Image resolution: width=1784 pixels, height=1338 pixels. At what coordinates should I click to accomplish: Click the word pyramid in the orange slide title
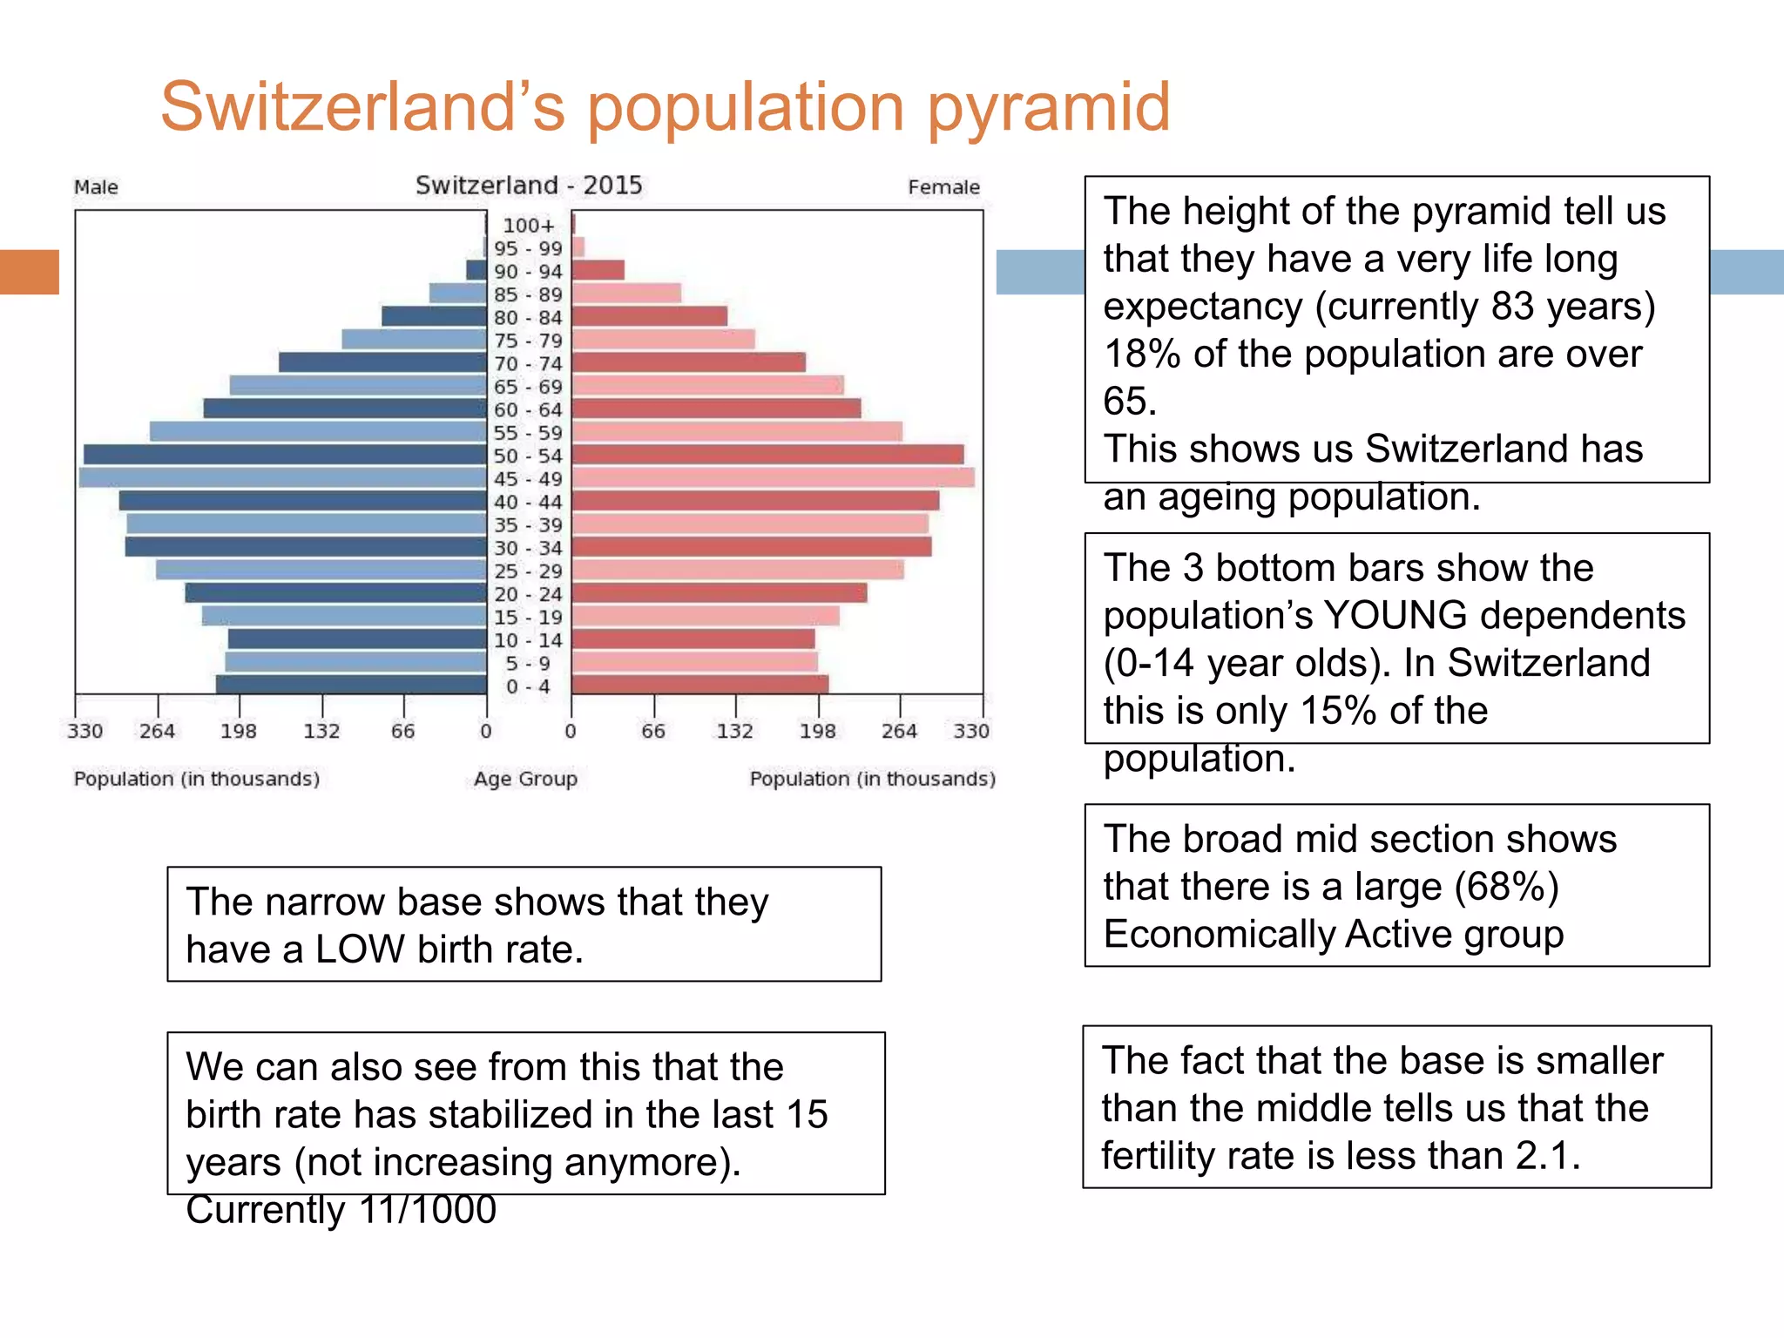click(1049, 108)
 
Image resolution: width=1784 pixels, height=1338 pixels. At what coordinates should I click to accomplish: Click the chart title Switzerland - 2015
click(529, 186)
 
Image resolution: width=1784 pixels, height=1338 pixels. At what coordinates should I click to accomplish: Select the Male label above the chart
click(96, 187)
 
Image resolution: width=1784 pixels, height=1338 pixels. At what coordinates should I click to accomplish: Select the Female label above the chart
click(943, 187)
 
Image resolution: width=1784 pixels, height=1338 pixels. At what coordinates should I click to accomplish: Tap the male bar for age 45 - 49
click(282, 477)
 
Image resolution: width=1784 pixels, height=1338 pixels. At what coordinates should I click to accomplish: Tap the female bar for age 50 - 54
click(767, 455)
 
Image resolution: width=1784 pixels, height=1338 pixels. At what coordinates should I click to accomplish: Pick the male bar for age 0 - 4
click(351, 685)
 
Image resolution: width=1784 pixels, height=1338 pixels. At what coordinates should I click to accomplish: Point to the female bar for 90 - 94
click(598, 271)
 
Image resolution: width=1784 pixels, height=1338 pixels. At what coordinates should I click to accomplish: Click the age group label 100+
click(528, 226)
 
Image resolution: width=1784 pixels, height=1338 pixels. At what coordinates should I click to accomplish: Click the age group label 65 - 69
click(528, 387)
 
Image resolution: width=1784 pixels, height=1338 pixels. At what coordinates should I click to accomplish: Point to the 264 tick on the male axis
click(157, 731)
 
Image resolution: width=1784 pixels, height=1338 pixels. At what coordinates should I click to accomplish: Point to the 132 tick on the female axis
click(734, 731)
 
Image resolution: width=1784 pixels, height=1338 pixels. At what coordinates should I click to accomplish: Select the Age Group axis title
click(525, 779)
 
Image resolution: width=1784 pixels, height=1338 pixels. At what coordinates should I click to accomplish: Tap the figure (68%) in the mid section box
click(1506, 887)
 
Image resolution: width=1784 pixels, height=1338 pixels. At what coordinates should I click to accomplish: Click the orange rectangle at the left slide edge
click(29, 272)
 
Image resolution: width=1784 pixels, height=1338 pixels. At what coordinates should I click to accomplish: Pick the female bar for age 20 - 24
click(719, 593)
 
